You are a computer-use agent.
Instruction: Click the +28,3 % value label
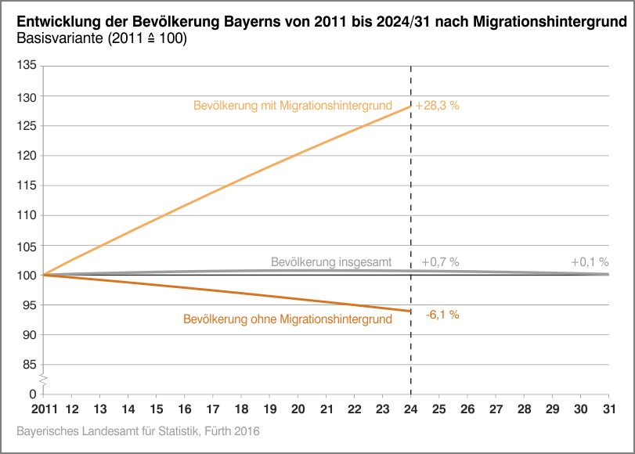tap(437, 105)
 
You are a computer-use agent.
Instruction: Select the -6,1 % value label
tap(442, 315)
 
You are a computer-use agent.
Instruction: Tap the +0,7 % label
tap(440, 262)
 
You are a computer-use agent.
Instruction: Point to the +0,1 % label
tap(590, 262)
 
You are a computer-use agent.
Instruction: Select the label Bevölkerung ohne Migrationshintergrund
tap(287, 319)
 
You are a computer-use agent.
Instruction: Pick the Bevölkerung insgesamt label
tap(331, 262)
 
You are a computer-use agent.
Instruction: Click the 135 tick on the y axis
tap(27, 66)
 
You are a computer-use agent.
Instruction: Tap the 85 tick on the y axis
tap(30, 365)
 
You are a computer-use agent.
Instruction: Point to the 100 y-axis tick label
tap(27, 275)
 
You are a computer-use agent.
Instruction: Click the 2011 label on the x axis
tap(43, 409)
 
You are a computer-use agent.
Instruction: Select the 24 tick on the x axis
tap(411, 409)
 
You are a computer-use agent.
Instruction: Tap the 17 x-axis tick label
tap(213, 409)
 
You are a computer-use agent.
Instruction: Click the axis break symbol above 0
tap(44, 380)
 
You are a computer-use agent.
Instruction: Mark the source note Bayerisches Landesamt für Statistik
tap(137, 431)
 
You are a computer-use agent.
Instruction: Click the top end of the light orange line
tap(410, 106)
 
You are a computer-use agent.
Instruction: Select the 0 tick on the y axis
tap(33, 394)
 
